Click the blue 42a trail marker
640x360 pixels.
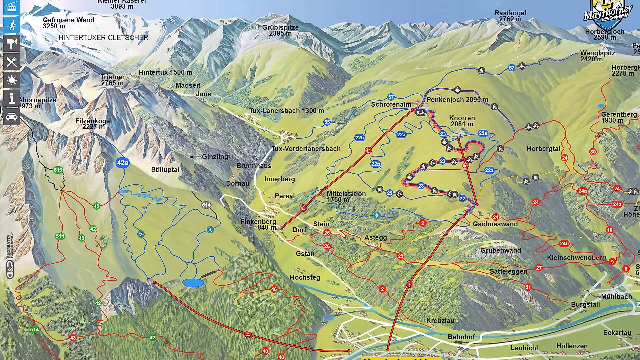122,163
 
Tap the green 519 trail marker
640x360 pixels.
58,170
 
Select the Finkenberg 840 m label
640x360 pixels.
259,224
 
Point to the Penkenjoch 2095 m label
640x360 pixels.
457,100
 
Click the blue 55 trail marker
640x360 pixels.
327,122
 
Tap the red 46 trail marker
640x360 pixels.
274,289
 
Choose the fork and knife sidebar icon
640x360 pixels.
12,62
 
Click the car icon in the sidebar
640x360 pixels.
12,117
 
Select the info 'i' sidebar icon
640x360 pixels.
12,98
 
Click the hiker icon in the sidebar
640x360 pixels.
12,25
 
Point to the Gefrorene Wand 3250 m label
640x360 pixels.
68,23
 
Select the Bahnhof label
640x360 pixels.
461,337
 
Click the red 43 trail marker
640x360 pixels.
73,338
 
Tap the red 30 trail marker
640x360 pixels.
593,152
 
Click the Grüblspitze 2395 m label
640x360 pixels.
280,30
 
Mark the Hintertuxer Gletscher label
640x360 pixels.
103,38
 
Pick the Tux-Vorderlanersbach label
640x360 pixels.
306,149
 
